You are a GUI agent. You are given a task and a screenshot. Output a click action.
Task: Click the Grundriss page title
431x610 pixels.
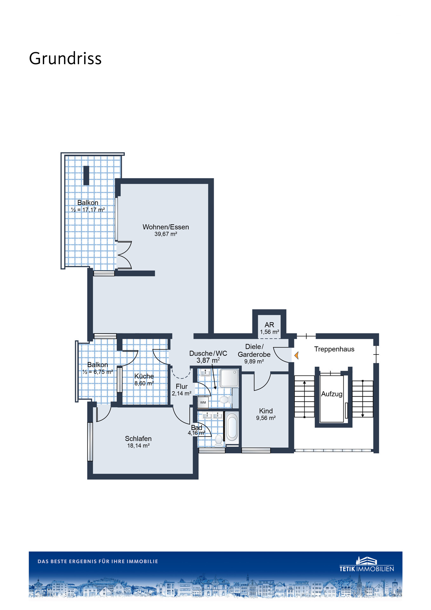65,58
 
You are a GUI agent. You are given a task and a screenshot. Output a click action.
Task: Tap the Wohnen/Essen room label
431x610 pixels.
165,227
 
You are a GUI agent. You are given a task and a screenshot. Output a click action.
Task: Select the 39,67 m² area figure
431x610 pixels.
165,234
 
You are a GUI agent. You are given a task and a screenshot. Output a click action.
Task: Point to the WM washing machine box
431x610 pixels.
203,402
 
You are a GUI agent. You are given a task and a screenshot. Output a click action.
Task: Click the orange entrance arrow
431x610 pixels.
296,356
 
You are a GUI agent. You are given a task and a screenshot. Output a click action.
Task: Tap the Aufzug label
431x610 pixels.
332,394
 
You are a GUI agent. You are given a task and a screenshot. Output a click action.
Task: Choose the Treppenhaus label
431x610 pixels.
334,349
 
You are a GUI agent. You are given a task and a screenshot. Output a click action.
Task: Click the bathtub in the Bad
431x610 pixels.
232,428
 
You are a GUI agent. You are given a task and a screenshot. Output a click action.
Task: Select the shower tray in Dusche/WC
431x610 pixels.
229,378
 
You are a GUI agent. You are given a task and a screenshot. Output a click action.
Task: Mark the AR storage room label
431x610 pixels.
269,325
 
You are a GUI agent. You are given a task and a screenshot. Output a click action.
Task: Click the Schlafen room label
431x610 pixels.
138,438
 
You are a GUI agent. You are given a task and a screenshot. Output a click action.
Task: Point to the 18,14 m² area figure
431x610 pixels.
138,446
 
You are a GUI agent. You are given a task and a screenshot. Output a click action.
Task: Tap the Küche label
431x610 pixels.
144,376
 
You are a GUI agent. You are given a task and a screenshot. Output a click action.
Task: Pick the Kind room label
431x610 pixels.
266,411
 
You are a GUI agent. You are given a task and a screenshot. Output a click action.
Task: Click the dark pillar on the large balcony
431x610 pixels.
86,175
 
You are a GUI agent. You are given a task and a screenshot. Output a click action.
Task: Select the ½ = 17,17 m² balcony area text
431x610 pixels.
88,210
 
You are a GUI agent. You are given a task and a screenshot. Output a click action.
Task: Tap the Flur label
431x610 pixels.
182,386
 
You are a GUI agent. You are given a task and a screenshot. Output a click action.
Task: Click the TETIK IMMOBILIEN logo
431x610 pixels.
367,564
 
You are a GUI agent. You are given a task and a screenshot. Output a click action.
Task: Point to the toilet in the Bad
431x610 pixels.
219,440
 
